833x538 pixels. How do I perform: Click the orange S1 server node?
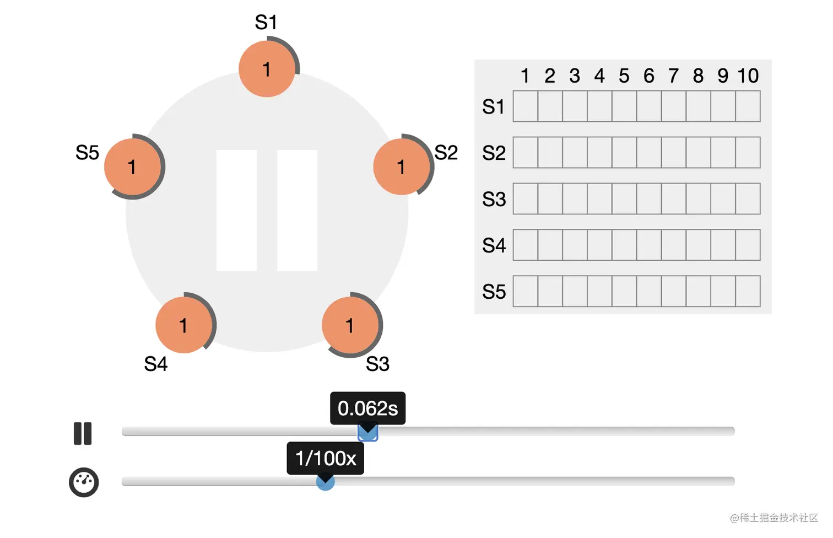pyautogui.click(x=267, y=69)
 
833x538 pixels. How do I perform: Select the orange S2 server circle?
pyautogui.click(x=401, y=166)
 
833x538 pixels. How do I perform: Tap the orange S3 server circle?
pyautogui.click(x=350, y=325)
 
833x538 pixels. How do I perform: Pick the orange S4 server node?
pyautogui.click(x=183, y=325)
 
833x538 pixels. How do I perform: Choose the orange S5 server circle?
pyautogui.click(x=132, y=166)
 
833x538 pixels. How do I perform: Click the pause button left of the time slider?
pyautogui.click(x=83, y=433)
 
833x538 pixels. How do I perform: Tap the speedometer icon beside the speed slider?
pyautogui.click(x=84, y=482)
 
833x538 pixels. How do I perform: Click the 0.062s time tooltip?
pyautogui.click(x=367, y=408)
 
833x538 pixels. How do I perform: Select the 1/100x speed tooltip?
pyautogui.click(x=325, y=458)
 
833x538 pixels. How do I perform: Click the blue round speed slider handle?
pyautogui.click(x=325, y=483)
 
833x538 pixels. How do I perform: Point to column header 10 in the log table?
pyautogui.click(x=748, y=76)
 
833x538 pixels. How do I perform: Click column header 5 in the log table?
pyautogui.click(x=624, y=76)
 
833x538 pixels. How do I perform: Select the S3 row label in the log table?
pyautogui.click(x=494, y=199)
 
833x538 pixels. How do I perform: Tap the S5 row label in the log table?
pyautogui.click(x=494, y=292)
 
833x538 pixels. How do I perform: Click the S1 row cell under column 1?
pyautogui.click(x=525, y=106)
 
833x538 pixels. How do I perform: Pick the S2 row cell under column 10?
pyautogui.click(x=748, y=153)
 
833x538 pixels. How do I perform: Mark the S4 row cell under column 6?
pyautogui.click(x=648, y=245)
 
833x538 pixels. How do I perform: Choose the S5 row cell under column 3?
pyautogui.click(x=575, y=292)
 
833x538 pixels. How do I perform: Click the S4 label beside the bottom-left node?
pyautogui.click(x=155, y=364)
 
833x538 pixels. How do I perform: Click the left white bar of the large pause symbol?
pyautogui.click(x=236, y=211)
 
